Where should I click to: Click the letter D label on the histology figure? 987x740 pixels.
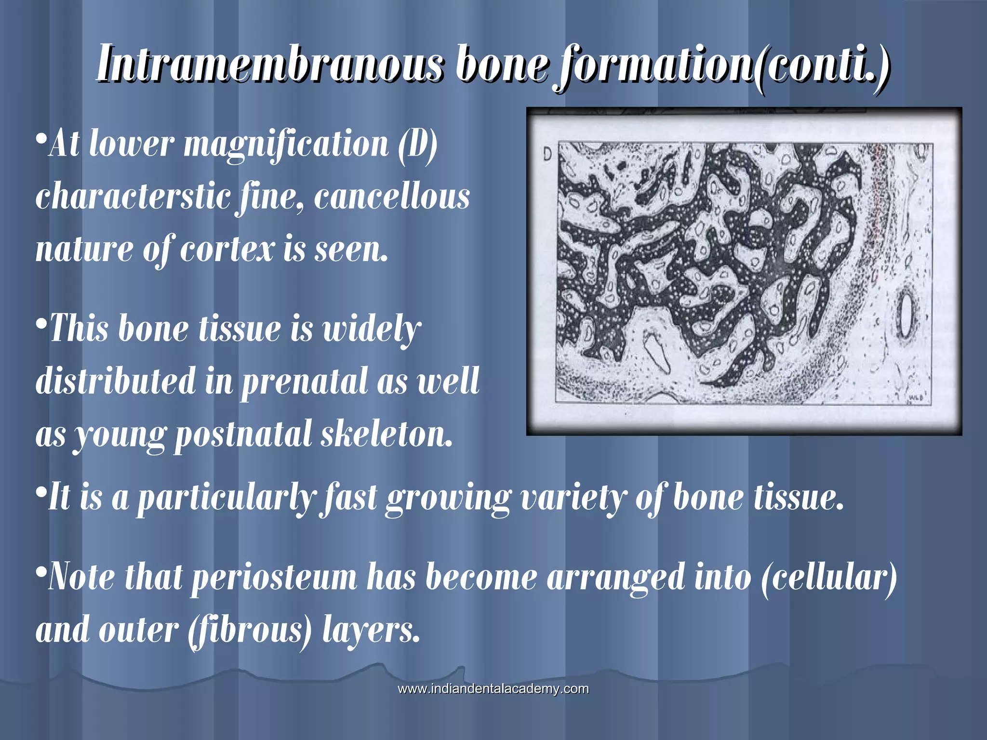547,154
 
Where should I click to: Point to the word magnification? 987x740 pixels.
286,145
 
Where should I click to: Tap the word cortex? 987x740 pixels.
227,250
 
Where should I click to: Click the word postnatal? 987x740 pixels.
243,435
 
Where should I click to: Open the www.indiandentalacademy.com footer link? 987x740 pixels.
493,688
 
